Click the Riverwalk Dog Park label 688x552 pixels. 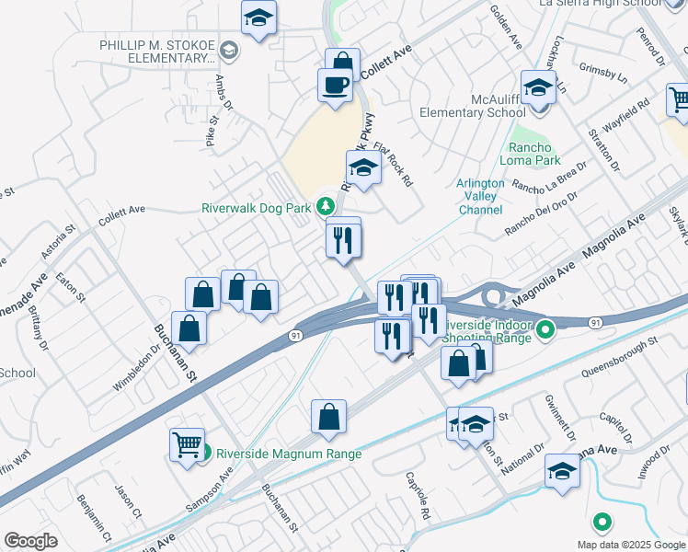coord(257,208)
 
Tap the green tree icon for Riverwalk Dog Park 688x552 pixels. coord(324,205)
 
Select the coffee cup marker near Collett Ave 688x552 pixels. coord(335,86)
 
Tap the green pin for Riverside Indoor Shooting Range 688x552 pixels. coord(546,328)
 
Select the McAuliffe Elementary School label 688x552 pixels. coord(472,106)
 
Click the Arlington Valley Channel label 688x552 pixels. coord(480,196)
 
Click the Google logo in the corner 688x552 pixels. coord(31,541)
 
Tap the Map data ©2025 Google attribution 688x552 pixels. coord(631,545)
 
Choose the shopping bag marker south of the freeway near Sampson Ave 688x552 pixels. coord(328,418)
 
